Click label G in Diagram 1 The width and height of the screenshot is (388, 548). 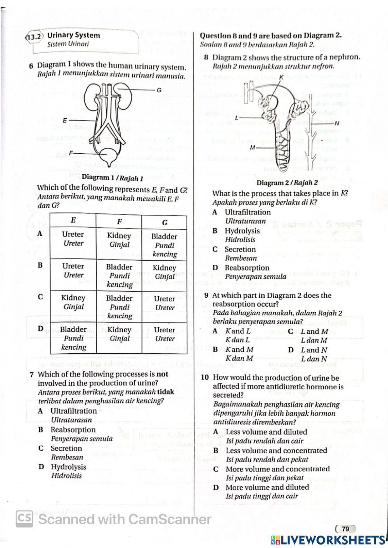coord(159,90)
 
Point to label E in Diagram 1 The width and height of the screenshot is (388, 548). coord(65,120)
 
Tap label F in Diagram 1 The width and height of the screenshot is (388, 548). coord(71,152)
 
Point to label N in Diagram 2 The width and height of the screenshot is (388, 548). coord(336,123)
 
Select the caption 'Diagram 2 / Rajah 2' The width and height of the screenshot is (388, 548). coord(287,183)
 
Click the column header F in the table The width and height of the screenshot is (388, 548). coord(119,222)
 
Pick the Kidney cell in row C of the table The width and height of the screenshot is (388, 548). coord(73,302)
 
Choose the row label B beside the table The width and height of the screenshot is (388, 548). coord(40,266)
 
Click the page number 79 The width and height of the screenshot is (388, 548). coord(345,529)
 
